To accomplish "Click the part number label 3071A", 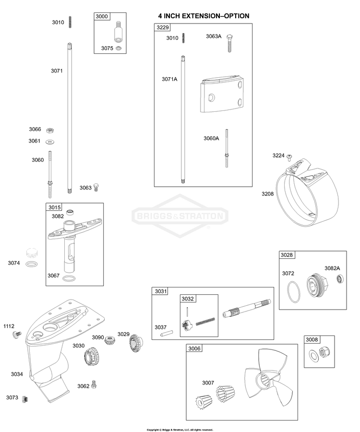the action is pyautogui.click(x=169, y=79).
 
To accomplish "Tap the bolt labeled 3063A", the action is pyautogui.click(x=229, y=43).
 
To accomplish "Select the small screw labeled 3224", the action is pyautogui.click(x=289, y=157).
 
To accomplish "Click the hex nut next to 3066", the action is pyautogui.click(x=50, y=130).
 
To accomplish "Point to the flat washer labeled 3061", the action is pyautogui.click(x=50, y=142).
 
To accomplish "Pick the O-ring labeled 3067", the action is pyautogui.click(x=69, y=278).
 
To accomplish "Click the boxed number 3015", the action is pyautogui.click(x=55, y=207).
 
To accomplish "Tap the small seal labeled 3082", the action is pyautogui.click(x=71, y=213).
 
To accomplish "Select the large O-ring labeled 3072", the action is pyautogui.click(x=294, y=292).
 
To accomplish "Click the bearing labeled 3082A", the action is pyautogui.click(x=340, y=279).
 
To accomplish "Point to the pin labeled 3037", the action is pyautogui.click(x=167, y=333).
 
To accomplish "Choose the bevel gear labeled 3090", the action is pyautogui.click(x=109, y=340).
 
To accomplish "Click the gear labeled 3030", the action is pyautogui.click(x=91, y=357).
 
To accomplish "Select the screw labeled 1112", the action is pyautogui.click(x=17, y=335).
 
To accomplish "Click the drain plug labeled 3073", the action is pyautogui.click(x=25, y=399).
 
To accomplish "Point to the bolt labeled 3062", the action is pyautogui.click(x=94, y=384).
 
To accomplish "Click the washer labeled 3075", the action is pyautogui.click(x=119, y=48).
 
